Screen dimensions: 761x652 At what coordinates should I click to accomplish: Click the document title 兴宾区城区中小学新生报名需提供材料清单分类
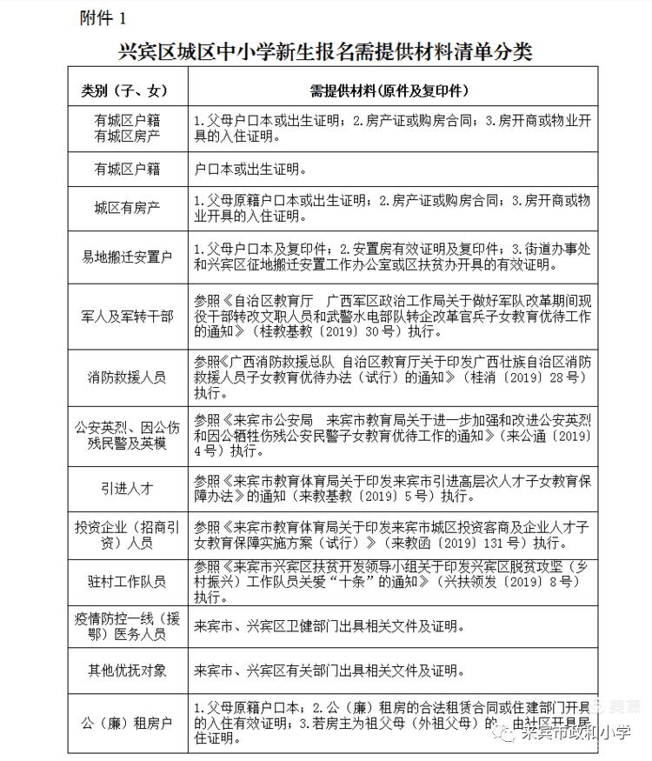(325, 52)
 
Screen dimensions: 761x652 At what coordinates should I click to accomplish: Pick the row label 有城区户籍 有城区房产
(128, 129)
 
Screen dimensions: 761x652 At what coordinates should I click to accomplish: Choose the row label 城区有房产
(128, 209)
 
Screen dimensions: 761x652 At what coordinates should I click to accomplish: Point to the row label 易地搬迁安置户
(128, 257)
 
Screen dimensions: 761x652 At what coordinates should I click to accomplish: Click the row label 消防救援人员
(128, 377)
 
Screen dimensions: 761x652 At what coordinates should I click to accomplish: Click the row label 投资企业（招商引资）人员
(128, 535)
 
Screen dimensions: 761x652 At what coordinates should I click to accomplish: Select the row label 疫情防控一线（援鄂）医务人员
(128, 626)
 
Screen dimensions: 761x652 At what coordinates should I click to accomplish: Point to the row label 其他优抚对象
(128, 671)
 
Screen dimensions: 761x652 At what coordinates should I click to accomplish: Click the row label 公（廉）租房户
(128, 722)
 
